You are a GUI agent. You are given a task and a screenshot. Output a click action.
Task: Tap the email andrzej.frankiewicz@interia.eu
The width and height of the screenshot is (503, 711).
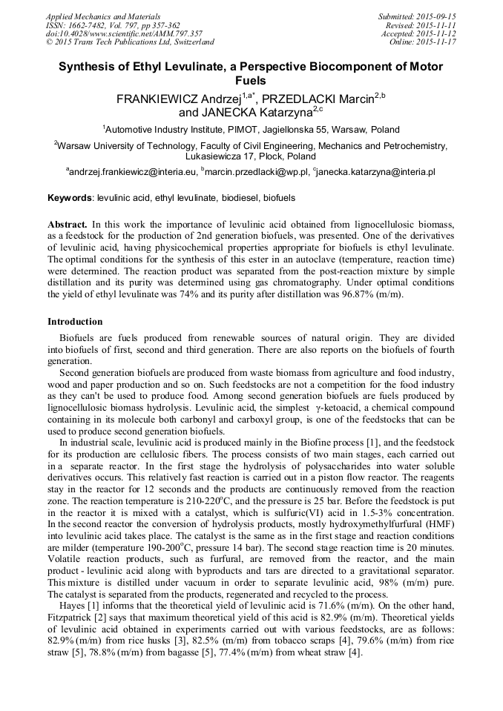[134, 171]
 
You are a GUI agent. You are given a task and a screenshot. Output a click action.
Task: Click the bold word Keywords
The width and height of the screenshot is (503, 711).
[70, 199]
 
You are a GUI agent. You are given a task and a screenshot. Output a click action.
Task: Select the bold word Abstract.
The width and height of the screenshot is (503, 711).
[68, 224]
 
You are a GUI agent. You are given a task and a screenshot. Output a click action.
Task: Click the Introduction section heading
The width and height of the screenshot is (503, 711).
[75, 322]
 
